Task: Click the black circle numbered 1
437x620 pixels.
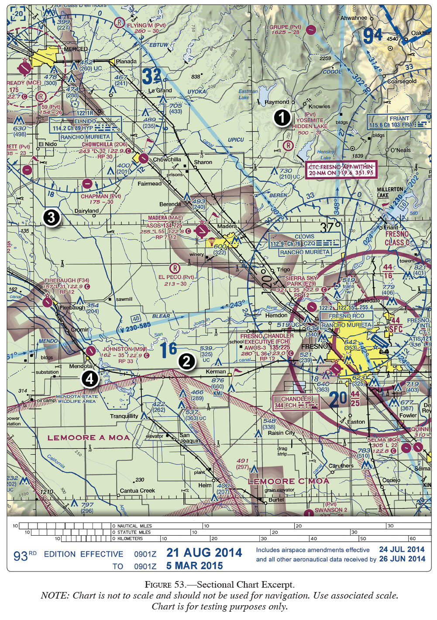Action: [282, 118]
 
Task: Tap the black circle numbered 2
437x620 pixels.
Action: [186, 361]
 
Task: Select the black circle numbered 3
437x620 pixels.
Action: [51, 217]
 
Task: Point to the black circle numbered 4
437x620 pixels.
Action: [90, 378]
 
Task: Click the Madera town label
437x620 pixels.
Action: [227, 226]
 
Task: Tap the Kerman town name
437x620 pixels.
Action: [216, 372]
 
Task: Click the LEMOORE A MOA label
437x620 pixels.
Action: [89, 438]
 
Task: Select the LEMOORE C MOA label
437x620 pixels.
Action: [288, 481]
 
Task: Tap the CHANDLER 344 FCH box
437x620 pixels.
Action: [296, 402]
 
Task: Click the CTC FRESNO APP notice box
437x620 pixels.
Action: [341, 170]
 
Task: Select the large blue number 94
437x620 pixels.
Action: [372, 36]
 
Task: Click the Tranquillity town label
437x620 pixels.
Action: [124, 416]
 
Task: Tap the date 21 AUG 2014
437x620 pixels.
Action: [204, 553]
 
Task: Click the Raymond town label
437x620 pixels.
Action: [277, 102]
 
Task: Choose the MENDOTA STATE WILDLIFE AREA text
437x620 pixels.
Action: [76, 399]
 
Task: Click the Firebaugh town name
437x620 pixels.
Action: [72, 308]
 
